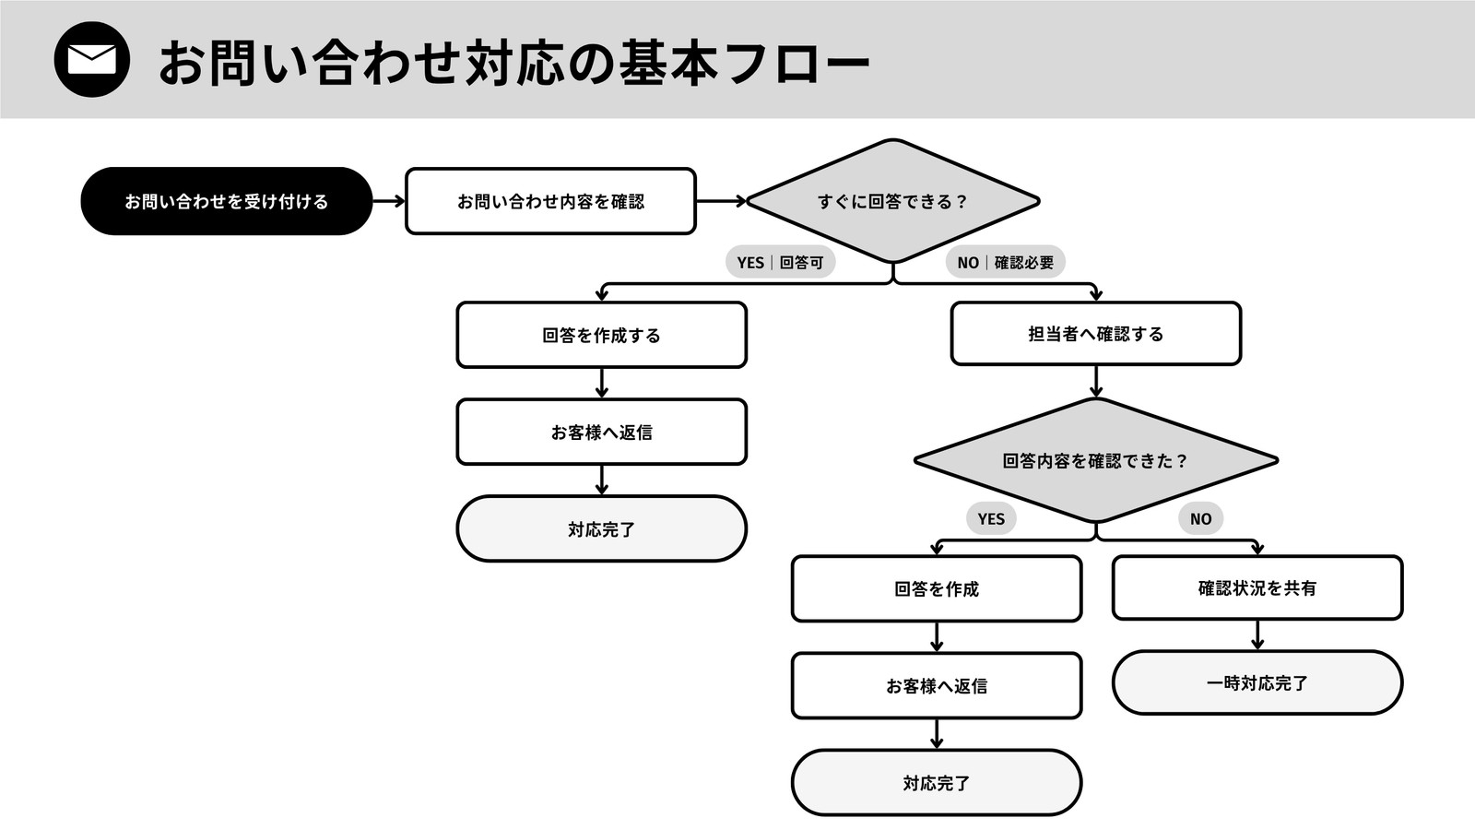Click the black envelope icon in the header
[x=91, y=59]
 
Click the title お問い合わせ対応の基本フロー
[x=514, y=63]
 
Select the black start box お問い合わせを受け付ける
[x=227, y=201]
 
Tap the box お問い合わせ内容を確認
[x=550, y=201]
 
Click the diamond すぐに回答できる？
[x=893, y=201]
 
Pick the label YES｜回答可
[x=780, y=262]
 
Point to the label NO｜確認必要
[x=1006, y=262]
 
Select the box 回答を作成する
[x=602, y=335]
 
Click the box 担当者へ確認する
[x=1096, y=333]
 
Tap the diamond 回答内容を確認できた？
[x=1096, y=460]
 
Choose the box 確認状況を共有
[x=1257, y=587]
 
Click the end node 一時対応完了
[x=1257, y=682]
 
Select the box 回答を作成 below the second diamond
[x=937, y=588]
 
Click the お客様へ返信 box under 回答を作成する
[x=602, y=432]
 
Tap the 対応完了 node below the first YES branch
[x=602, y=528]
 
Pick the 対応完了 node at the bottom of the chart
[x=937, y=783]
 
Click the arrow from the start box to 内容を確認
[x=388, y=201]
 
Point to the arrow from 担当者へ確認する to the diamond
[x=1096, y=382]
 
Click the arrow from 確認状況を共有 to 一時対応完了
[x=1257, y=635]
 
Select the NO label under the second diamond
[x=1200, y=518]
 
